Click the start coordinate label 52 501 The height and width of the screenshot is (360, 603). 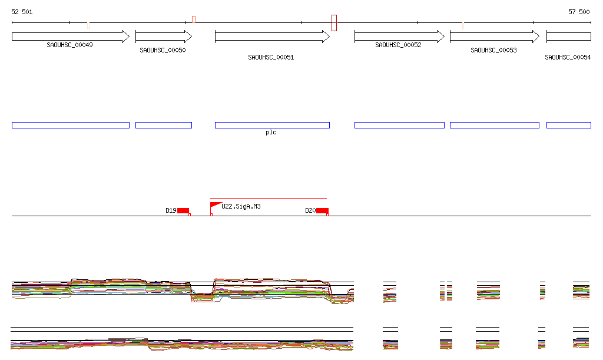22,12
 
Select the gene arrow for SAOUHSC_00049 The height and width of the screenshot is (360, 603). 70,37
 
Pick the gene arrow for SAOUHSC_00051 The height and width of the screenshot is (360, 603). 271,37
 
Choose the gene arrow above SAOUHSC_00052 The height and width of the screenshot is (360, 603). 399,37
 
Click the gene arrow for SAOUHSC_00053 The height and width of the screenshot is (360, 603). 494,37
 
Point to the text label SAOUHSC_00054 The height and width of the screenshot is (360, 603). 568,57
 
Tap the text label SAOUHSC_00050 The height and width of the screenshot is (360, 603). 163,51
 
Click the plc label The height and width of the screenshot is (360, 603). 271,133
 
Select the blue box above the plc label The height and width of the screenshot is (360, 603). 271,125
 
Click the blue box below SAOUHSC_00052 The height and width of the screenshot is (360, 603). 399,125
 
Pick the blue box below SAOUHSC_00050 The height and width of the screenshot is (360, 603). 163,125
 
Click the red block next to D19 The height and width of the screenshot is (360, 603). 183,211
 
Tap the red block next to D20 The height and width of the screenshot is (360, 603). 322,211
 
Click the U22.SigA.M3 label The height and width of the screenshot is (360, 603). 241,207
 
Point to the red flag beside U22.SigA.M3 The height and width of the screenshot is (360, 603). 215,204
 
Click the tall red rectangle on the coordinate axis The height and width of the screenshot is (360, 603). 334,23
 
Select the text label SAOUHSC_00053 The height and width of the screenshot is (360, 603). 493,51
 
